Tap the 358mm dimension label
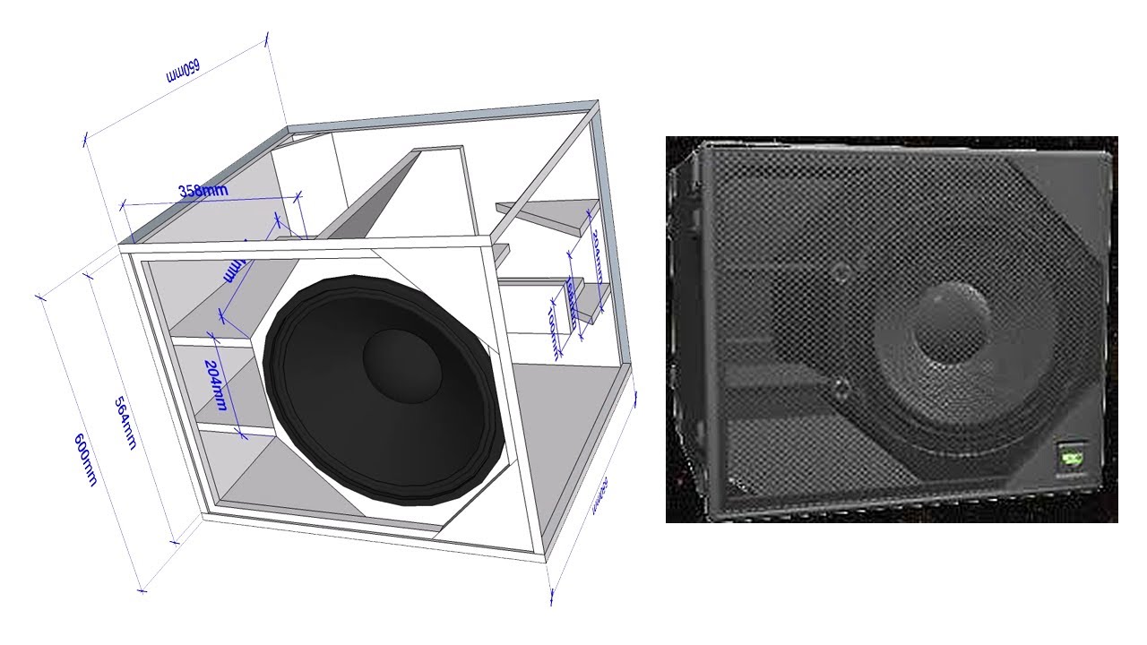203,190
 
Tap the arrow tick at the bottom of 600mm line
142,589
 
